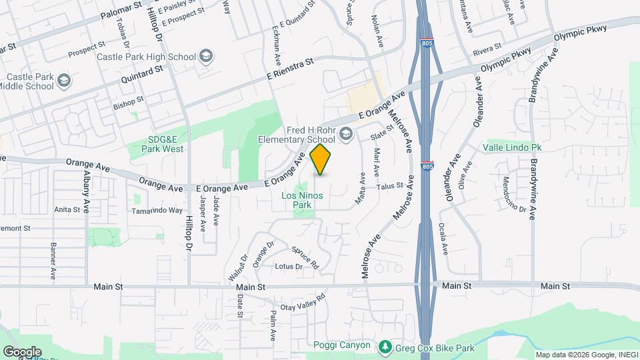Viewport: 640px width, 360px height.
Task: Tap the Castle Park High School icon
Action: click(206, 57)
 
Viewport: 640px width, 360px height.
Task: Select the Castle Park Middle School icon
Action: click(64, 81)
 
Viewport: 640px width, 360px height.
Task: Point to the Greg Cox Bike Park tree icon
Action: click(385, 347)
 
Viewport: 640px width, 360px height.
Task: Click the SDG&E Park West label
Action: click(165, 143)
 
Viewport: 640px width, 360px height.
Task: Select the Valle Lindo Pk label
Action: click(512, 147)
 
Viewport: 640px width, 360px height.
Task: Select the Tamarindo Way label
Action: click(157, 210)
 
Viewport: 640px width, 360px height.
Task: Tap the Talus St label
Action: click(391, 187)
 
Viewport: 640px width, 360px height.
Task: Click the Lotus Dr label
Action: click(289, 266)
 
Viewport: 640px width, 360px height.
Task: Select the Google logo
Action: click(23, 351)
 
